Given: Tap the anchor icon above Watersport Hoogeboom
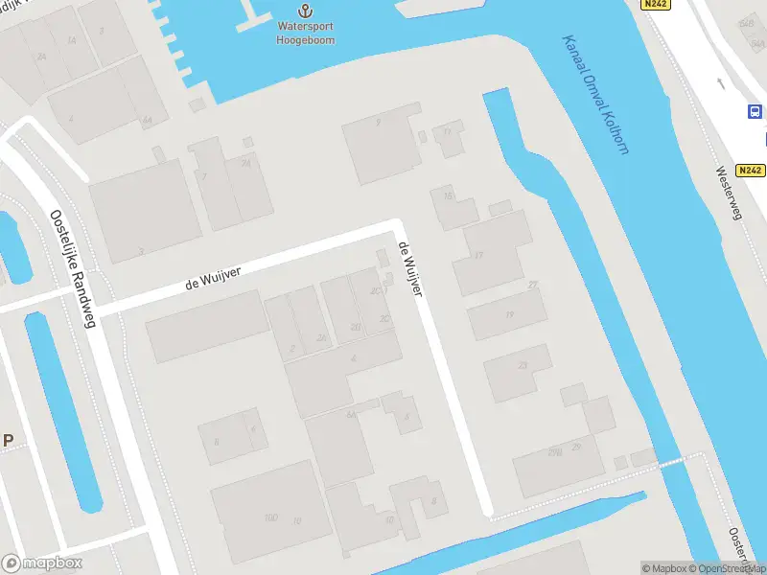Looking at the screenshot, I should (x=305, y=11).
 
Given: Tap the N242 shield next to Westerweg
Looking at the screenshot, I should (x=751, y=171).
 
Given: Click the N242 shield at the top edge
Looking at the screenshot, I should (x=657, y=5).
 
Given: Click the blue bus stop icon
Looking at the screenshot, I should (x=754, y=112).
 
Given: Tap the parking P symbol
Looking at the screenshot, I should (x=8, y=441).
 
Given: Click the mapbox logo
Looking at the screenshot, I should (x=41, y=563).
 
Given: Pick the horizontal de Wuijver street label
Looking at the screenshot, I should (x=213, y=279).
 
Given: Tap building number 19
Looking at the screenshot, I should (x=509, y=315).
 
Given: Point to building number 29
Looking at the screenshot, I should (x=575, y=447).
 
